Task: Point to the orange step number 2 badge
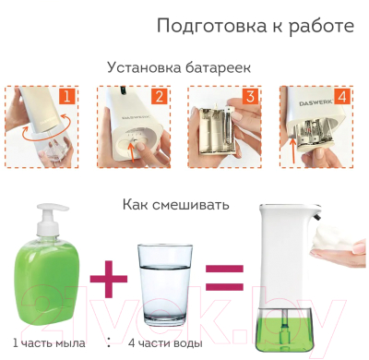(x=158, y=96)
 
